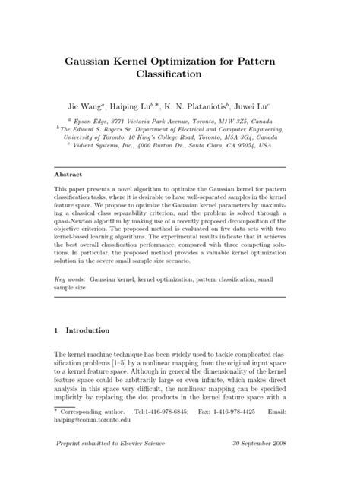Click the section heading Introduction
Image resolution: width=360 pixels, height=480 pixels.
[87, 330]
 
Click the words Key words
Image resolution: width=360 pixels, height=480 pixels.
[70, 280]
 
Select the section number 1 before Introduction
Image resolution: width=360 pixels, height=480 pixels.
[57, 330]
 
